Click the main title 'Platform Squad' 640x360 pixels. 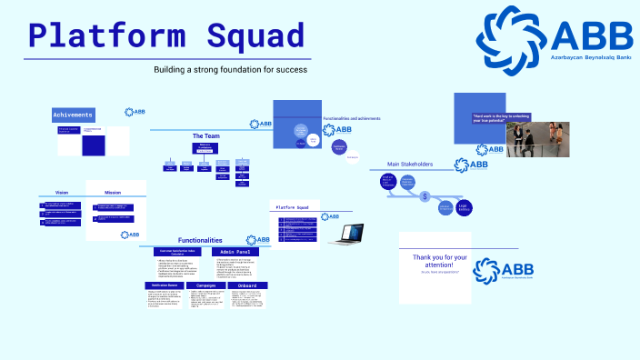pyautogui.click(x=165, y=35)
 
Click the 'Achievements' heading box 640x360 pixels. pyautogui.click(x=74, y=115)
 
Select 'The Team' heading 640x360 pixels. pyautogui.click(x=205, y=135)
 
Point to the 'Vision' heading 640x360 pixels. pyautogui.click(x=62, y=193)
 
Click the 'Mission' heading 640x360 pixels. pyautogui.click(x=113, y=193)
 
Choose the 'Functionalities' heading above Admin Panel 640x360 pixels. pyautogui.click(x=200, y=240)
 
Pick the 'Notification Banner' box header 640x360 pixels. pyautogui.click(x=165, y=285)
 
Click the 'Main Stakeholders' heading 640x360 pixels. pyautogui.click(x=410, y=165)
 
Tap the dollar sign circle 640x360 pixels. pyautogui.click(x=425, y=195)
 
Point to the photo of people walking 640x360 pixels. pyautogui.click(x=531, y=136)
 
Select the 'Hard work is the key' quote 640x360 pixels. pyautogui.click(x=500, y=119)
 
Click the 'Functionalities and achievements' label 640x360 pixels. pyautogui.click(x=352, y=118)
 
